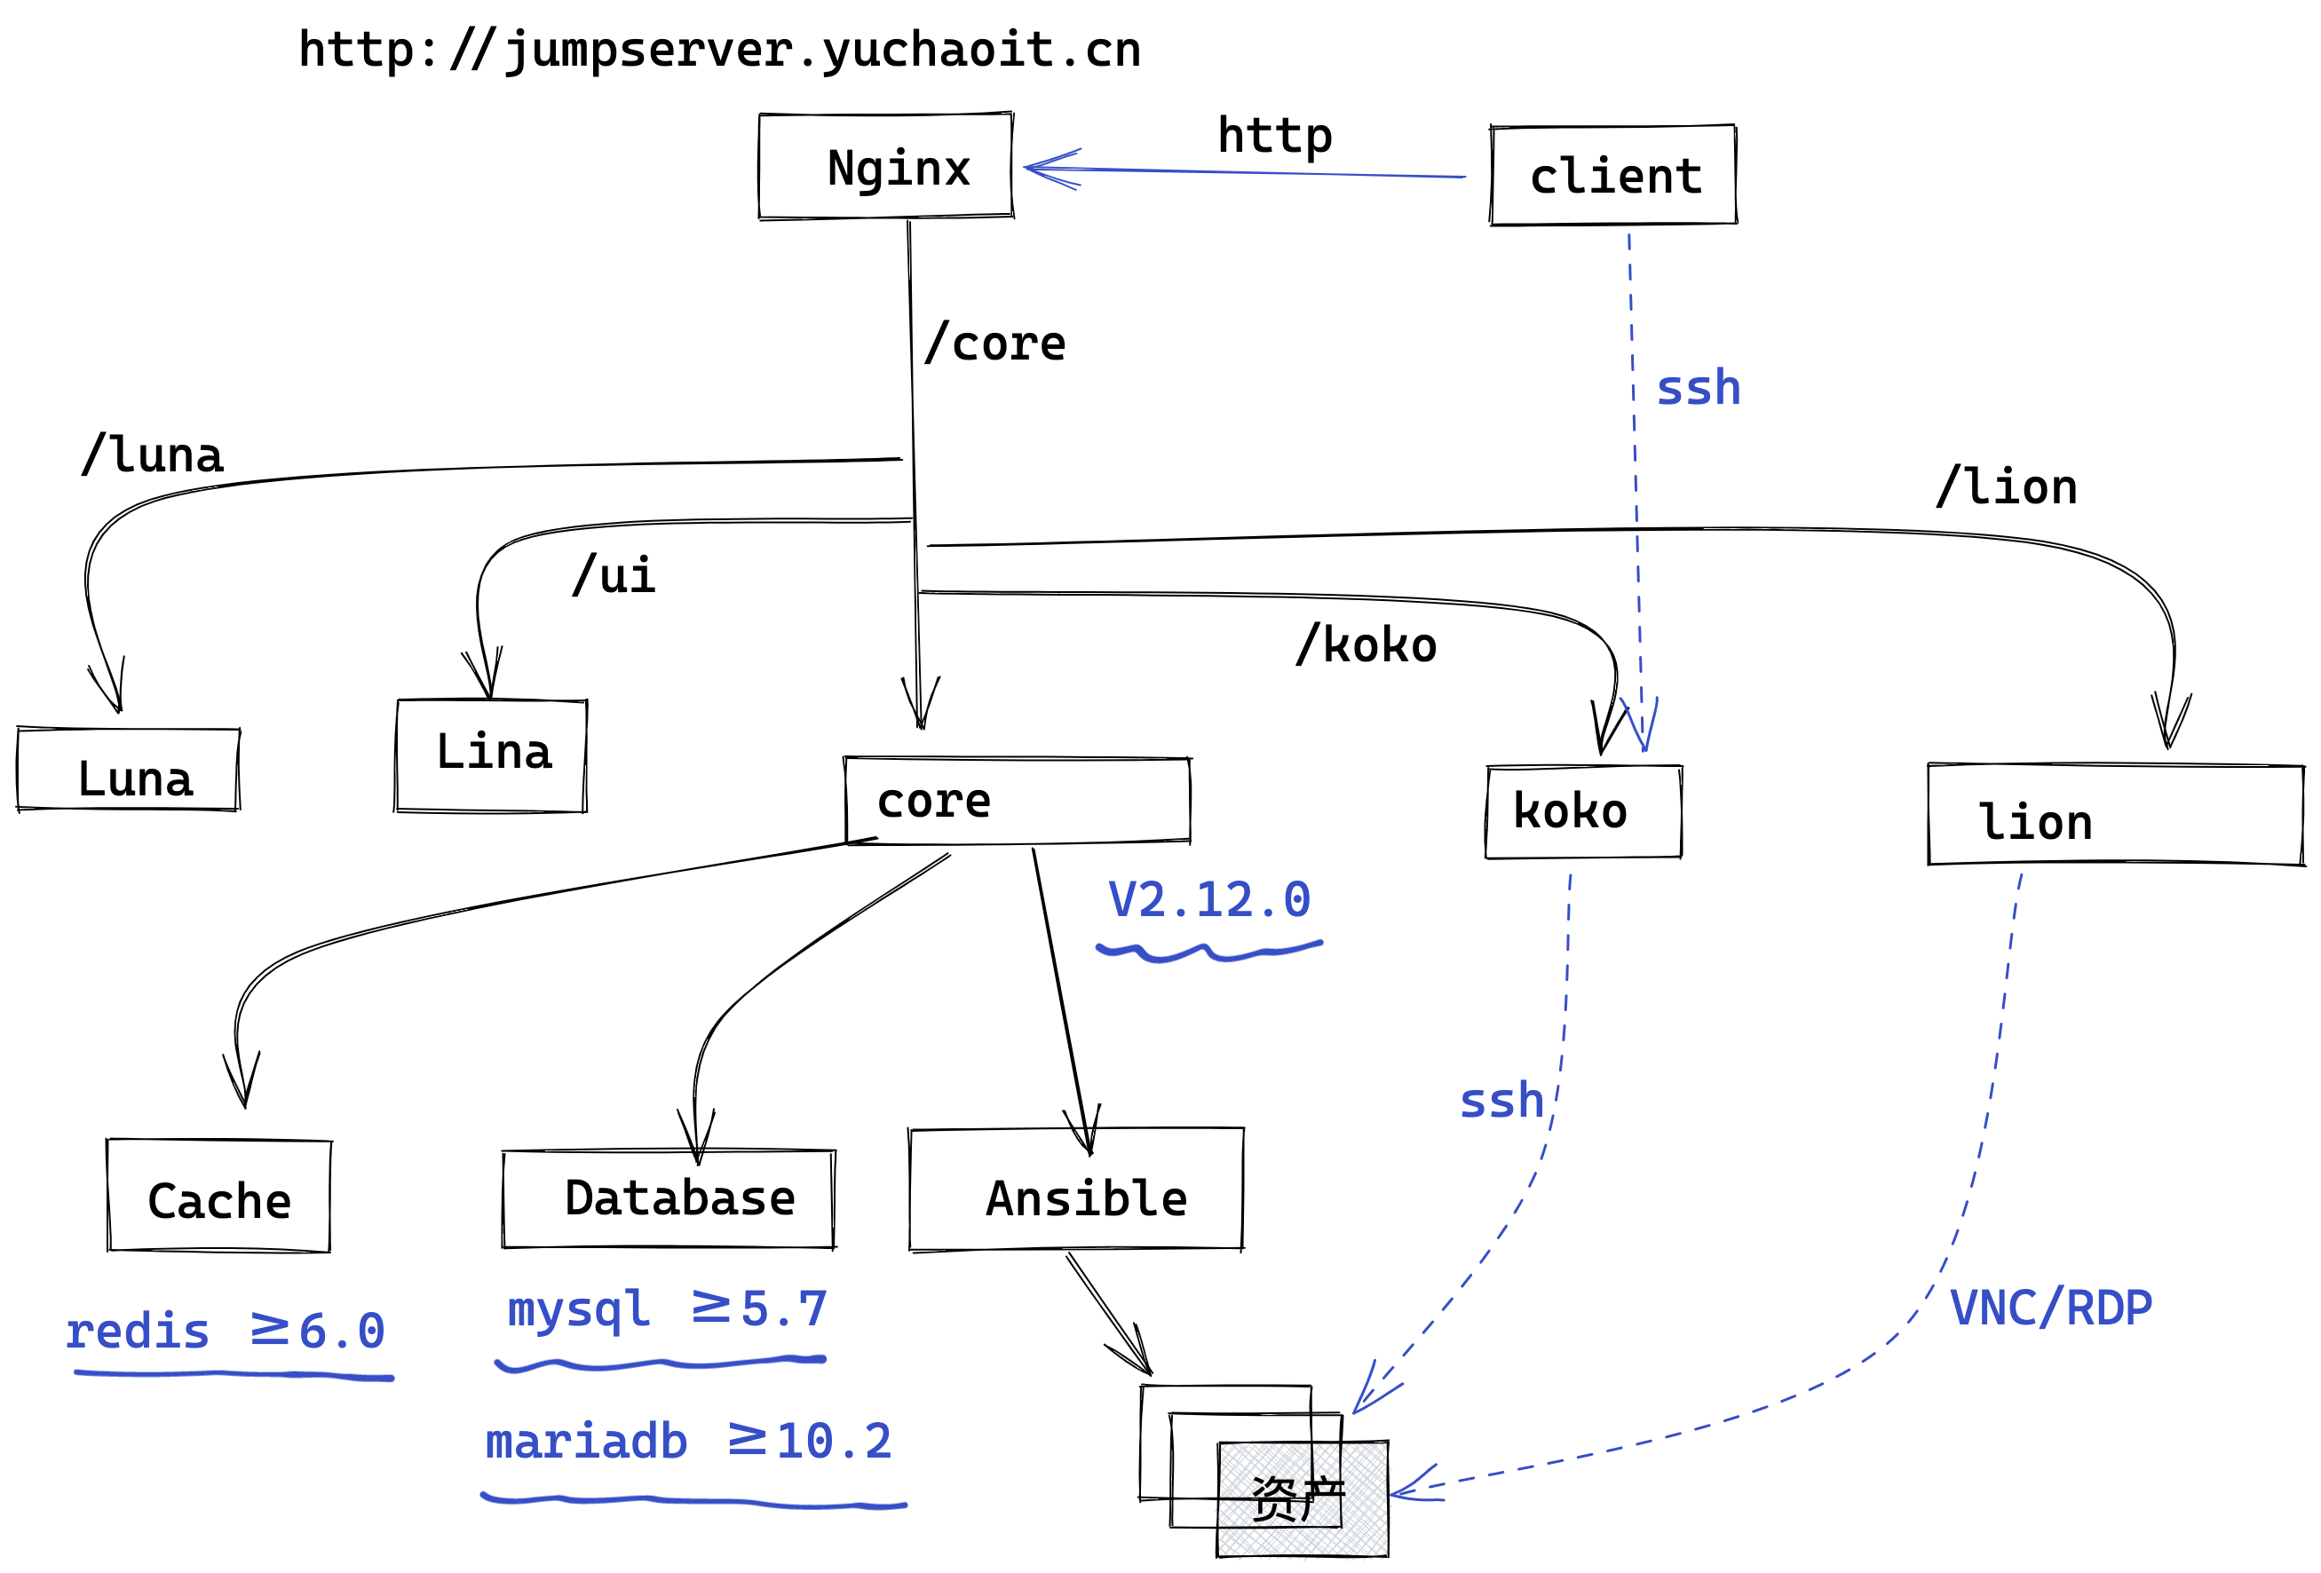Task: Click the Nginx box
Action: click(886, 166)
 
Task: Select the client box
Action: click(1614, 176)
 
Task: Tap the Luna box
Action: click(129, 769)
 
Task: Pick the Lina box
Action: click(490, 755)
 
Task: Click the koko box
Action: click(1584, 811)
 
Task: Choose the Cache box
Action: click(218, 1196)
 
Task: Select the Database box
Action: click(668, 1198)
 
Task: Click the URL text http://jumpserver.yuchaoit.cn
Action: click(719, 50)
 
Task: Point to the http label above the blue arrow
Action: click(1274, 135)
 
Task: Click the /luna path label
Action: click(152, 455)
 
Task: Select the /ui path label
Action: click(614, 575)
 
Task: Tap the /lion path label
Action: click(2007, 487)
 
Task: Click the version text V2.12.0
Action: click(1208, 900)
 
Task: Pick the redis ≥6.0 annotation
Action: click(226, 1332)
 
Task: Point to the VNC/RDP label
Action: click(2050, 1308)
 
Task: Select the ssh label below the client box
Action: click(1698, 389)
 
